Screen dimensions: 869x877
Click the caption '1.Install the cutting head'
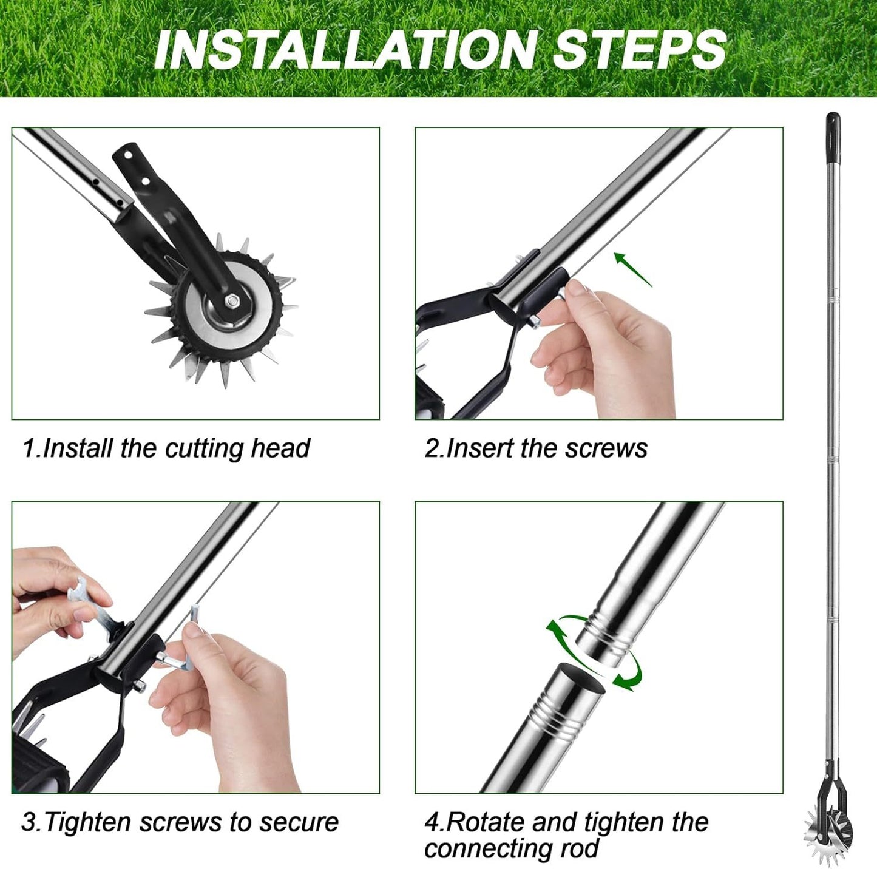point(166,448)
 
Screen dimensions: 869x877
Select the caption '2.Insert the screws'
point(536,448)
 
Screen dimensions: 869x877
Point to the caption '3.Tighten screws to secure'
point(180,822)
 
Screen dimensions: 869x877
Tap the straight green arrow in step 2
point(633,269)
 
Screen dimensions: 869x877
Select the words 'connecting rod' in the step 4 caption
point(512,848)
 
